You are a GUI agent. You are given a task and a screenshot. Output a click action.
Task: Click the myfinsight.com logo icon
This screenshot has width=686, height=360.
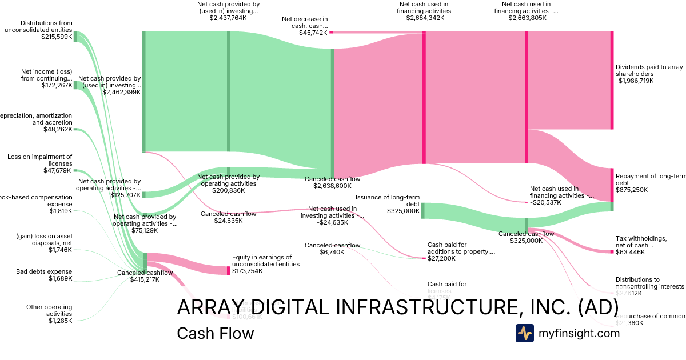pyautogui.click(x=524, y=333)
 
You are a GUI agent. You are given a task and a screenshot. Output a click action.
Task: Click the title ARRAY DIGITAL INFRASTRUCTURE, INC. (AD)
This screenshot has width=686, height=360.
pyautogui.click(x=397, y=307)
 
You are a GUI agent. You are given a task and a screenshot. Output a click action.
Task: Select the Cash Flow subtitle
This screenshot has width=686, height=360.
pyautogui.click(x=215, y=333)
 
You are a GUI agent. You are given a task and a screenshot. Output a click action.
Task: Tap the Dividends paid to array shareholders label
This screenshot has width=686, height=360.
pyautogui.click(x=649, y=70)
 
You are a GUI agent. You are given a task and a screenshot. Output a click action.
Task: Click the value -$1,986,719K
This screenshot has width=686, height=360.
pyautogui.click(x=635, y=81)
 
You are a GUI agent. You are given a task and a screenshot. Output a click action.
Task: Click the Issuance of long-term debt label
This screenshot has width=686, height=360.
pyautogui.click(x=396, y=200)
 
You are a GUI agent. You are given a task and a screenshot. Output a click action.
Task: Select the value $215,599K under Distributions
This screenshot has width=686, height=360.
pyautogui.click(x=57, y=37)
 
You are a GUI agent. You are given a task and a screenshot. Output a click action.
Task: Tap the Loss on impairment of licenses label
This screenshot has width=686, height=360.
pyautogui.click(x=40, y=160)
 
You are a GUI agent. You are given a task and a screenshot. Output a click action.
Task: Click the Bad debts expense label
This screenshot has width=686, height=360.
pyautogui.click(x=44, y=271)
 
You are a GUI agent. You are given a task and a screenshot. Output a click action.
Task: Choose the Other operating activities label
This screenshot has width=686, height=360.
pyautogui.click(x=49, y=310)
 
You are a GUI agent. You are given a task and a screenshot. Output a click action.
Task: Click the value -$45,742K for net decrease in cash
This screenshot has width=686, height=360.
pyautogui.click(x=312, y=33)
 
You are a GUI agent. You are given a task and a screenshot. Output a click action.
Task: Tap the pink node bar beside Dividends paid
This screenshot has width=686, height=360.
pyautogui.click(x=612, y=80)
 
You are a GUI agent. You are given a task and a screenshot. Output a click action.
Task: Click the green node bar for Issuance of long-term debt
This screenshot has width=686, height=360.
pyautogui.click(x=423, y=210)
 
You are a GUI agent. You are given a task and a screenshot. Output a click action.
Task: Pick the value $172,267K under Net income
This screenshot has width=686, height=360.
pyautogui.click(x=57, y=85)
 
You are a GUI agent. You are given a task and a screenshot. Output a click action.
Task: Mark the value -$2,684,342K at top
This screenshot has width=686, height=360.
pyautogui.click(x=424, y=18)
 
